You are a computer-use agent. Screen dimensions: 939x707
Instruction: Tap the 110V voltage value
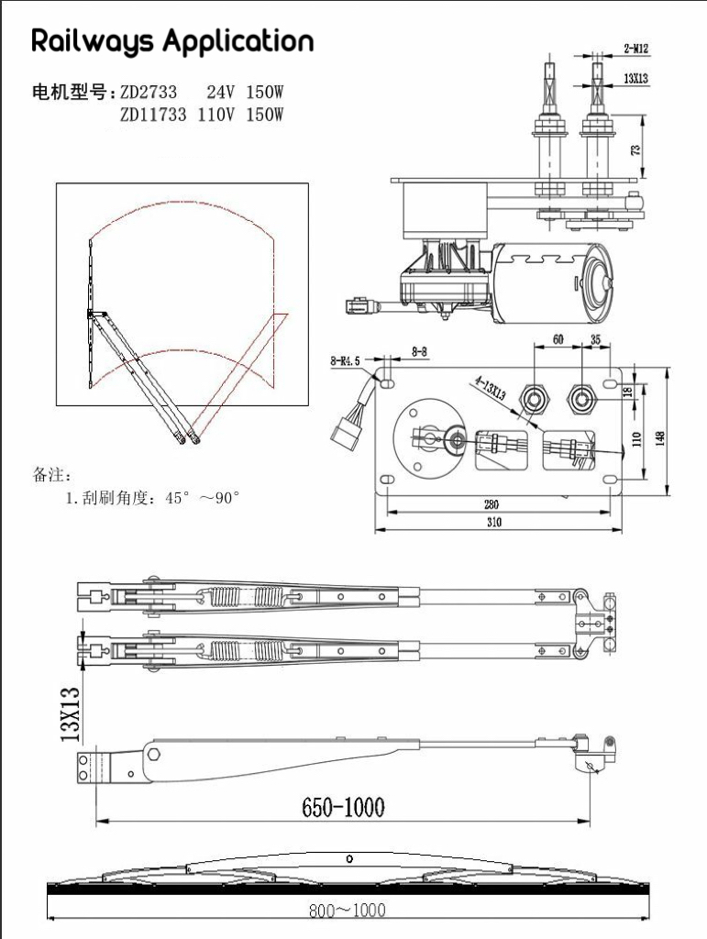[x=218, y=115]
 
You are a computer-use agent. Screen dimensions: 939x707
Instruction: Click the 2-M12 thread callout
[x=635, y=47]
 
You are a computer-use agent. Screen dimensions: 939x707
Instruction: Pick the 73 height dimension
[x=636, y=148]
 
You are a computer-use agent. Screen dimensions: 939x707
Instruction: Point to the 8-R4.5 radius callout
[x=346, y=362]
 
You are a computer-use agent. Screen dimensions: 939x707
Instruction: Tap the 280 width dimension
[x=491, y=503]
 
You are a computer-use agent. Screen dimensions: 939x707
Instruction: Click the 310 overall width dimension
[x=493, y=523]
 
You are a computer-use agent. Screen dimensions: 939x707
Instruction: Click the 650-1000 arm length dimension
[x=344, y=807]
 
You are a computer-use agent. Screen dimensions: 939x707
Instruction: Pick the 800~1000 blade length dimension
[x=347, y=911]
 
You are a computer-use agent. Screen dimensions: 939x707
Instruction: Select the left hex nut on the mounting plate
[x=533, y=397]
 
